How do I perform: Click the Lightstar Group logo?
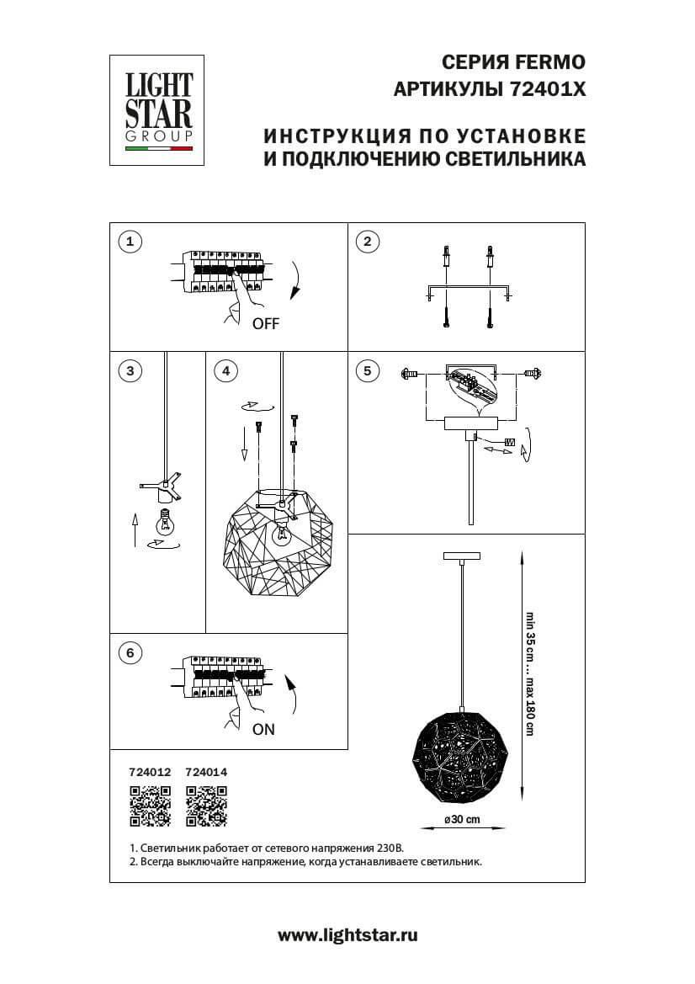(159, 110)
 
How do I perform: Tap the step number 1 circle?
(130, 242)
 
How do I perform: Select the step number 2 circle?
(367, 242)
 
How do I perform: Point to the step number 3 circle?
(130, 370)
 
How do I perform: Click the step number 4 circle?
(225, 370)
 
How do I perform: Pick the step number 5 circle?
(367, 370)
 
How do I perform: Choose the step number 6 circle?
(130, 653)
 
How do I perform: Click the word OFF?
(265, 323)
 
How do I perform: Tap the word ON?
(263, 730)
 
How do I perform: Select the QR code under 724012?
(149, 806)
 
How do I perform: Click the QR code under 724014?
(206, 806)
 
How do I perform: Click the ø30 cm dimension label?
(462, 820)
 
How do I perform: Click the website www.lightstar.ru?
(347, 934)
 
